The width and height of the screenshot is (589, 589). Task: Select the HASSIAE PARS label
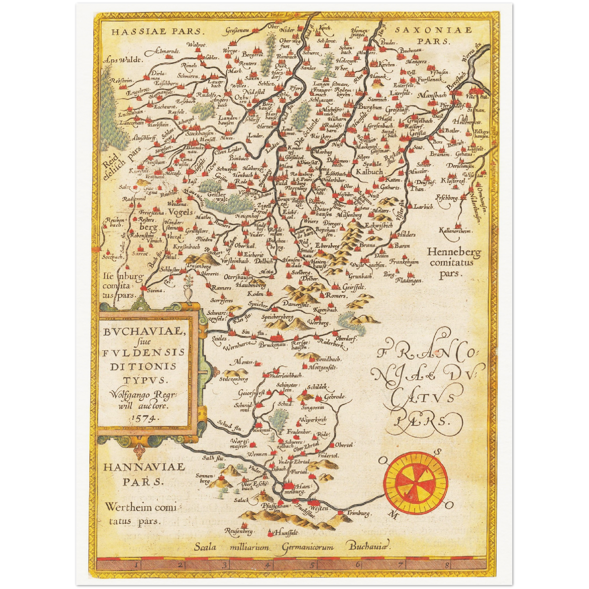157,31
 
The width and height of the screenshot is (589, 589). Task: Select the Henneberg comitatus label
454,257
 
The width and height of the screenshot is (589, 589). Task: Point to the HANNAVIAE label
144,467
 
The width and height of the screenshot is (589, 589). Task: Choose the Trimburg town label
359,513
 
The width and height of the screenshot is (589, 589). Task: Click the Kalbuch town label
369,172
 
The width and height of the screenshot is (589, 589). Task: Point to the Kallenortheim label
455,231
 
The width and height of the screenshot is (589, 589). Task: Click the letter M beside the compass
394,516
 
